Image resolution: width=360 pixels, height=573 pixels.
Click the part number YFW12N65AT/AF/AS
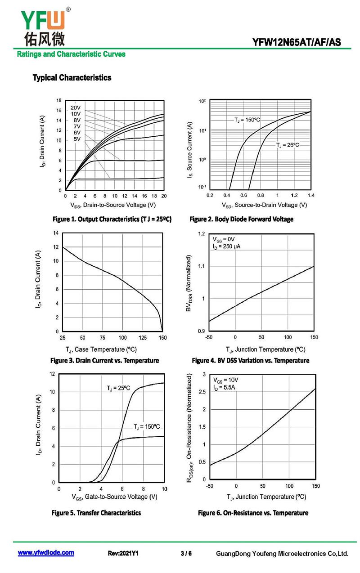[x=297, y=42]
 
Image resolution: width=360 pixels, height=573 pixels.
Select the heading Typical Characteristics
[x=72, y=77]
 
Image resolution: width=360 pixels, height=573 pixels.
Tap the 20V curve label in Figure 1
[x=76, y=107]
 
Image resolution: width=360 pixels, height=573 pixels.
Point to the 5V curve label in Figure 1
[x=77, y=139]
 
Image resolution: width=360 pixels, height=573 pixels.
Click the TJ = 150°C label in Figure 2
[x=247, y=120]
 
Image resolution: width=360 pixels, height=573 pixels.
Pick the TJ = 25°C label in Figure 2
[x=288, y=145]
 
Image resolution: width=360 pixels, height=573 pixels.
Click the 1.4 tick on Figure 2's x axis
[x=311, y=195]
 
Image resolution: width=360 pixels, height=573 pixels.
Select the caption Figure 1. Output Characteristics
[x=112, y=219]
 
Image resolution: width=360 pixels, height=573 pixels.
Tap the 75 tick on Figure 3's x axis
[x=103, y=338]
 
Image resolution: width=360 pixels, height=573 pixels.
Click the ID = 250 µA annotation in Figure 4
[x=226, y=246]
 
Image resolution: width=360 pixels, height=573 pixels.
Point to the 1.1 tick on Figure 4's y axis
[x=202, y=266]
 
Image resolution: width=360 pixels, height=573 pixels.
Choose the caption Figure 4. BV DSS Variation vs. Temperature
[x=251, y=360]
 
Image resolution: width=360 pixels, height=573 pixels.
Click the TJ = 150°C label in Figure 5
[x=147, y=426]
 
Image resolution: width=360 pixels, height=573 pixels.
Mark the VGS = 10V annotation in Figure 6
[x=225, y=380]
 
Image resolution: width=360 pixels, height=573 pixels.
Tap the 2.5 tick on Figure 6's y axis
[x=202, y=392]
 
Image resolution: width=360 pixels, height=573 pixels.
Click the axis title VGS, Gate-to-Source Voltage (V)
[x=114, y=497]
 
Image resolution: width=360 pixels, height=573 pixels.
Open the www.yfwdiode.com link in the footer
[x=46, y=552]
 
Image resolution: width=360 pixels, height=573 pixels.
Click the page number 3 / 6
[x=186, y=553]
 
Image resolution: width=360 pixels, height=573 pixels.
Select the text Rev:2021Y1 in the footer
[x=123, y=553]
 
